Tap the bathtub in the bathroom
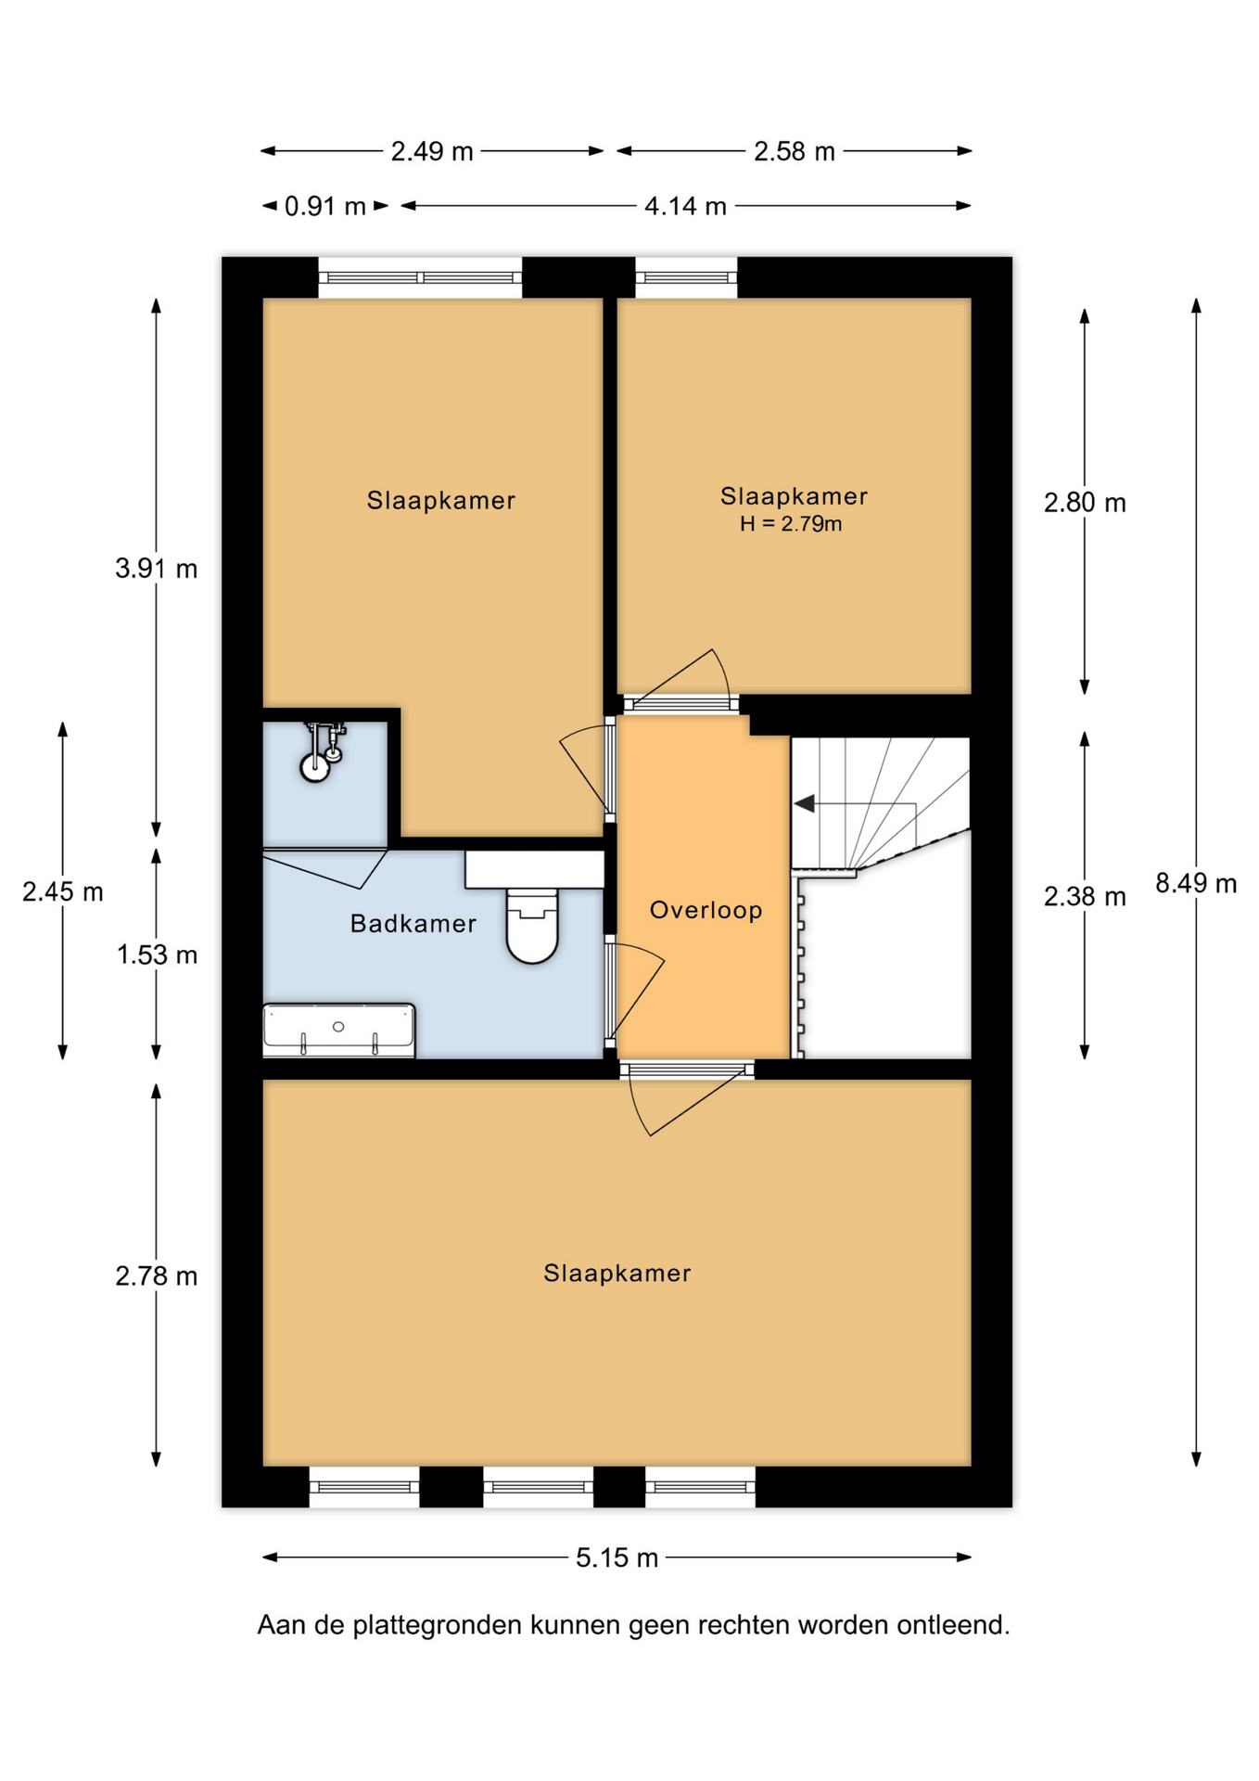click(339, 1030)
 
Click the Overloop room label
click(706, 910)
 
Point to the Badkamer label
click(413, 923)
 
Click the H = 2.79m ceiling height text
click(791, 524)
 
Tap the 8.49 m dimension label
click(1196, 883)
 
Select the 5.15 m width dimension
click(617, 1557)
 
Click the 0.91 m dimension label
click(324, 206)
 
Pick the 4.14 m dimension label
click(685, 206)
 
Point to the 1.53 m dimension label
click(157, 955)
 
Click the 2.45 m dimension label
click(63, 891)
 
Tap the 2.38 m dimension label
click(1085, 896)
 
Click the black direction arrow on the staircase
click(805, 803)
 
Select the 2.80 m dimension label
click(1085, 503)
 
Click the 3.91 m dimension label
click(157, 569)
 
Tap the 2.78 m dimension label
click(157, 1276)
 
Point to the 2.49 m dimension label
click(432, 151)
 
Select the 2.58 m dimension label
click(795, 151)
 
